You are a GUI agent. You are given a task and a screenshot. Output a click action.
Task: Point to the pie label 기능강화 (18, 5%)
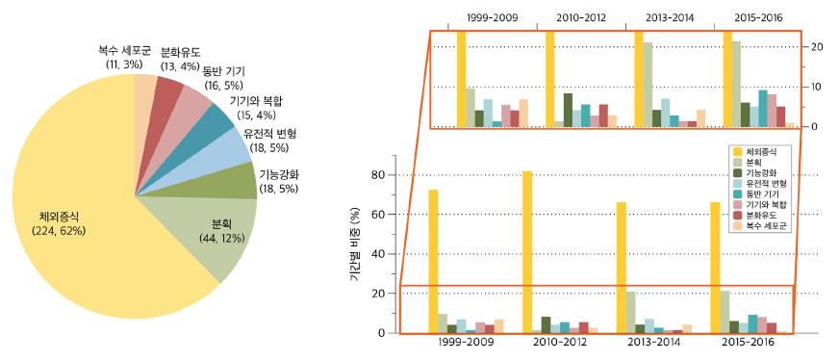(280, 181)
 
